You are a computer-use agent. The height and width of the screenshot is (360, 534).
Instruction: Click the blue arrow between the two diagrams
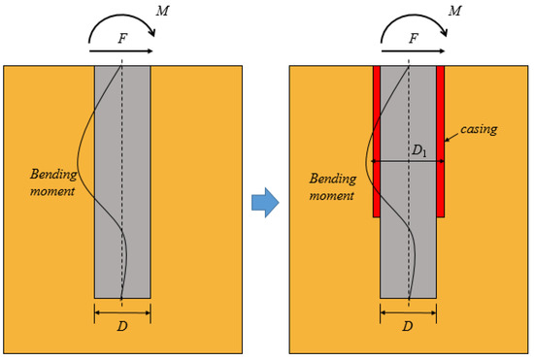point(265,202)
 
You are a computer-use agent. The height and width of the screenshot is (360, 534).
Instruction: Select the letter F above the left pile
point(121,40)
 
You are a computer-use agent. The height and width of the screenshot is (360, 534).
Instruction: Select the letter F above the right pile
point(414,40)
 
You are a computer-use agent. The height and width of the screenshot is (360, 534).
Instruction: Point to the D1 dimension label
point(419,151)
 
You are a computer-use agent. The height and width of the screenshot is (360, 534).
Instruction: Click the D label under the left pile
point(122,327)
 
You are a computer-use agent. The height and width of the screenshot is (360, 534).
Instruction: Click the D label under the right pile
point(408,327)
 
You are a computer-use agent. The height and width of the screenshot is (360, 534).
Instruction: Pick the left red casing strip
point(377,141)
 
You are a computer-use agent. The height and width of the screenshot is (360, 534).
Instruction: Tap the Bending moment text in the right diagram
point(332,187)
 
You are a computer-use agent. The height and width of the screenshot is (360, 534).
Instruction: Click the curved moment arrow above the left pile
point(122,20)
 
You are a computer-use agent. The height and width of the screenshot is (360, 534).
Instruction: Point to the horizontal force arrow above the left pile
point(121,50)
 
